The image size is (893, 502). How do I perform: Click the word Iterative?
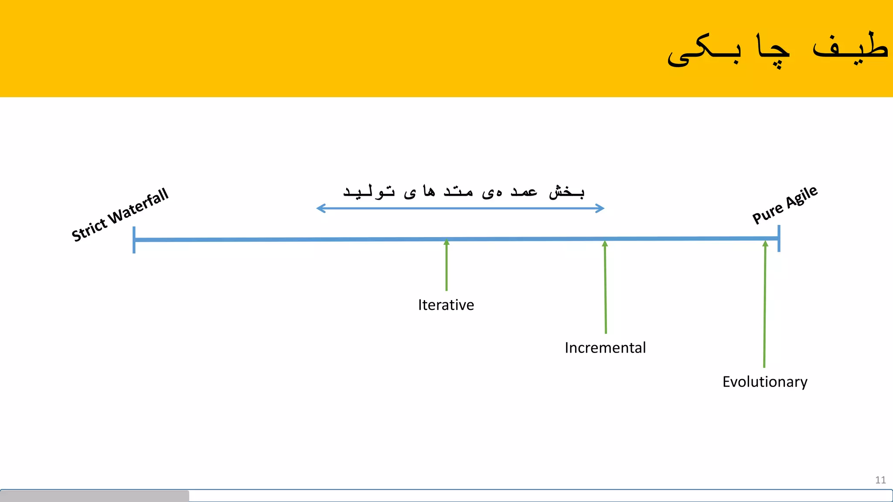(446, 305)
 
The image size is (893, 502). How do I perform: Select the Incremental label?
(605, 348)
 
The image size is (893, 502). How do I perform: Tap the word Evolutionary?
(765, 382)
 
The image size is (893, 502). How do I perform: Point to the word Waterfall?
(139, 207)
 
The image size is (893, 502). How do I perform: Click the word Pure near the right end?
(767, 214)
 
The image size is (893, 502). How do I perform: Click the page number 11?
(880, 480)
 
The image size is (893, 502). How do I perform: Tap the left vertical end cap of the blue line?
(134, 240)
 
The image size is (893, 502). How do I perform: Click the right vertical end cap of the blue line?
(779, 238)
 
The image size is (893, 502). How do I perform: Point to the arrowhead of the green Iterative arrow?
(446, 242)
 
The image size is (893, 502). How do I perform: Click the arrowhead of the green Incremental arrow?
(605, 244)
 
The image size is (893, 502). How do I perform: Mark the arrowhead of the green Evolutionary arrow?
(765, 244)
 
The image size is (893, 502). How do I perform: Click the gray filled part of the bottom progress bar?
(94, 496)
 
